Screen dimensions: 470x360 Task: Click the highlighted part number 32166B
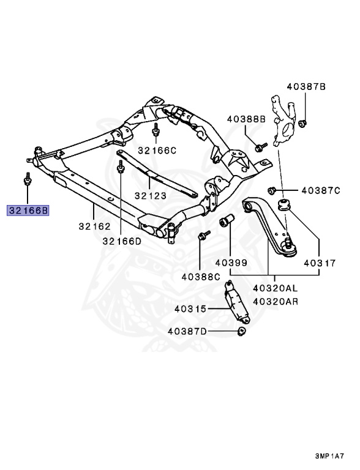(x=28, y=211)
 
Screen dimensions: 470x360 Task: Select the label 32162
(x=94, y=226)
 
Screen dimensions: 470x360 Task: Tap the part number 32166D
(x=121, y=241)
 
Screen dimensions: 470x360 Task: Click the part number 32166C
(x=157, y=149)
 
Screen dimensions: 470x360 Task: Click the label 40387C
(x=321, y=191)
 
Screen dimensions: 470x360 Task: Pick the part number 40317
(x=319, y=264)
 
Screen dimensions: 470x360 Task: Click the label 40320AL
(x=275, y=288)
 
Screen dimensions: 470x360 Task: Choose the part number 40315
(x=190, y=309)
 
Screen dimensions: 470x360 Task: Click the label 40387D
(x=187, y=332)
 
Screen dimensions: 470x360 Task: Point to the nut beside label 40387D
(x=241, y=332)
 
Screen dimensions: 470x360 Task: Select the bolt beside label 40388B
(x=261, y=146)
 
